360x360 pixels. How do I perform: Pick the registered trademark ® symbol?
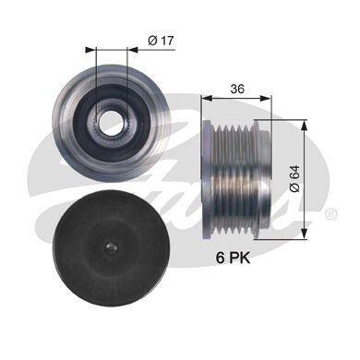[330, 214]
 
